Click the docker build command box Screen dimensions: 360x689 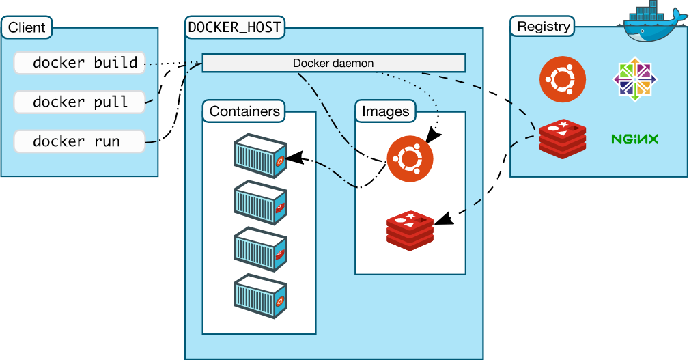point(79,63)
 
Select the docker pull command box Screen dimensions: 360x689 point(79,102)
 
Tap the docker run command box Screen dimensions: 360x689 point(79,141)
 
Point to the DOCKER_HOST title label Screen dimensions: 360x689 point(235,28)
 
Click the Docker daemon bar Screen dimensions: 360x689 point(333,64)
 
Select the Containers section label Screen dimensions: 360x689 point(244,111)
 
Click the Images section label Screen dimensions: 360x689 point(386,111)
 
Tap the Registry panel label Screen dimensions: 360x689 point(543,27)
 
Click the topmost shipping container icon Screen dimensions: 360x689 point(259,156)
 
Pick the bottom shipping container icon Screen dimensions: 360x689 point(259,296)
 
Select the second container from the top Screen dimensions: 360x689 point(259,204)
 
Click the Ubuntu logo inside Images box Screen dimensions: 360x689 point(410,158)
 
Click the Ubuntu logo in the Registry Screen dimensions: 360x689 point(562,79)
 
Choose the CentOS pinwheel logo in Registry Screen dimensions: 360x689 point(635,79)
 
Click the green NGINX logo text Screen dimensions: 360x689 point(634,139)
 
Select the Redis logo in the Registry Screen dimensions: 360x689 point(562,139)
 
